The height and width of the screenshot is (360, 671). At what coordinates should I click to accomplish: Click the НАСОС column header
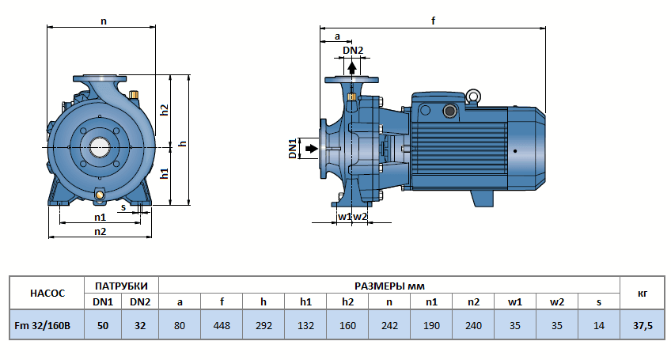click(x=47, y=293)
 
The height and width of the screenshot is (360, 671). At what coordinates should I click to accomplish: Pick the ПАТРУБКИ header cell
click(x=121, y=285)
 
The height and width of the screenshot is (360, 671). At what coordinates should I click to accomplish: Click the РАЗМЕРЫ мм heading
click(x=389, y=285)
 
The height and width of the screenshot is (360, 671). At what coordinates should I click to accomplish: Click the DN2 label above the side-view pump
click(x=353, y=51)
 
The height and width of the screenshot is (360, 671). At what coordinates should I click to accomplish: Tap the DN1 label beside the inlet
click(x=292, y=148)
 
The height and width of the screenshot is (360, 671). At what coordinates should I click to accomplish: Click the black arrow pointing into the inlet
click(x=312, y=148)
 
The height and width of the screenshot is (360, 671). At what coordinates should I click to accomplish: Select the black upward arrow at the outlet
click(x=353, y=67)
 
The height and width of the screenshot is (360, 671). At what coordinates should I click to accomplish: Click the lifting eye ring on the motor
click(x=472, y=97)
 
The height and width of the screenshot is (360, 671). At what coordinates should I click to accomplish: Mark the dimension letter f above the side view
click(x=434, y=21)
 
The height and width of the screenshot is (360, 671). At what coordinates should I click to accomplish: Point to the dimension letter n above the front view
click(x=103, y=21)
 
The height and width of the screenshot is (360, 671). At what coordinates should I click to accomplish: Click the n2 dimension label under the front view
click(x=100, y=231)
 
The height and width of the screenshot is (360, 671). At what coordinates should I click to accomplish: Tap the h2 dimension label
click(x=165, y=110)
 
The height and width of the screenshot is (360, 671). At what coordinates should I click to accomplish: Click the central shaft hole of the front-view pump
click(x=100, y=146)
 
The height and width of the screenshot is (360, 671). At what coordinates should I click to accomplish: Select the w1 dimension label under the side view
click(x=343, y=216)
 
